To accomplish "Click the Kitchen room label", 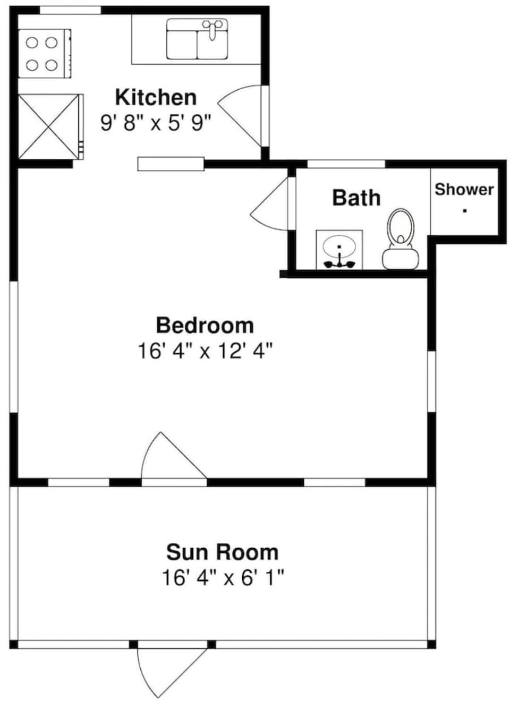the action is (156, 97).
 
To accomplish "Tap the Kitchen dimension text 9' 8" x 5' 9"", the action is (156, 123).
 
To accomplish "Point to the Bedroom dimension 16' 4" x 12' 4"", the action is (205, 351).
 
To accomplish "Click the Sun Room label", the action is (222, 552).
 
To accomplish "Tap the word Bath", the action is (356, 198).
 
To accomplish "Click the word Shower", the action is (464, 189).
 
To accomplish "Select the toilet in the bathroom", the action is (401, 239).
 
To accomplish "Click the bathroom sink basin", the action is (339, 247).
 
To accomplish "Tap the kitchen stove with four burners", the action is (44, 54).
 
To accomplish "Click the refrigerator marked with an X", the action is (50, 127).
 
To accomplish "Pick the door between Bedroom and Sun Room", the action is (174, 459).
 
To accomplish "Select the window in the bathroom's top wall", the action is (346, 164).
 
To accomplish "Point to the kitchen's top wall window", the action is (70, 10).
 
